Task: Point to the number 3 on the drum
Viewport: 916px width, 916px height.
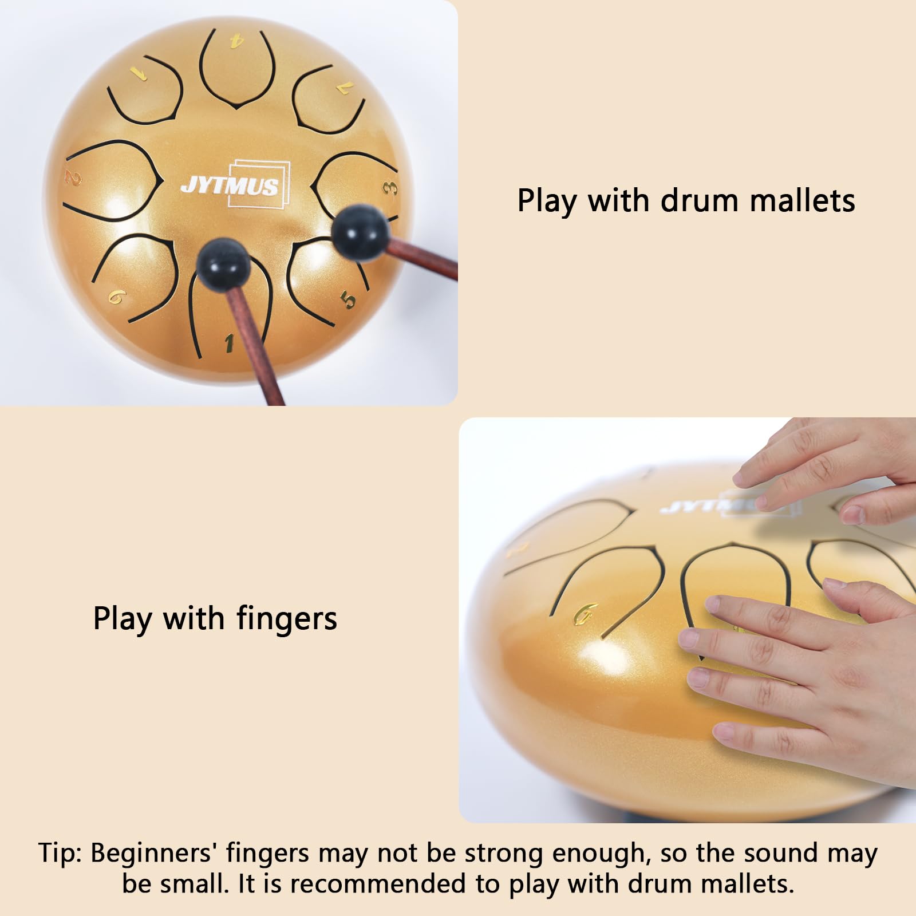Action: (x=390, y=188)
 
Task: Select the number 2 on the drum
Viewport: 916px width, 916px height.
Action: (x=73, y=178)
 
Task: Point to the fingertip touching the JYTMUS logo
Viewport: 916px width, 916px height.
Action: (x=761, y=502)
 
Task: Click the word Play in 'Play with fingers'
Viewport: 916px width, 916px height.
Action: (x=123, y=619)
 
